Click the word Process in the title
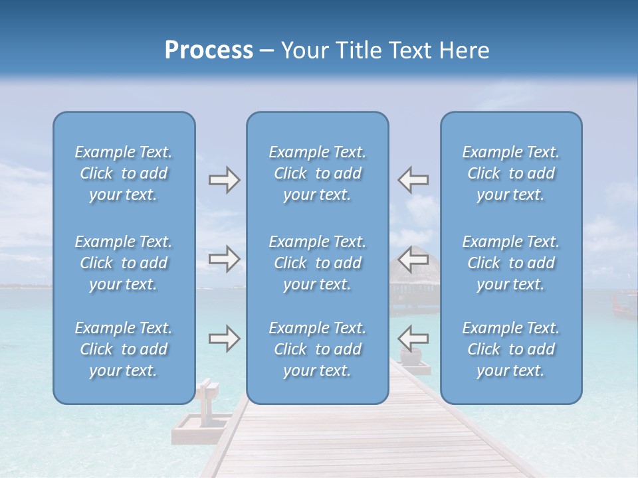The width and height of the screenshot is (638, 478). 209,50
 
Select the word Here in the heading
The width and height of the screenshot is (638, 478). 464,50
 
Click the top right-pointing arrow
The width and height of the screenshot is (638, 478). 224,180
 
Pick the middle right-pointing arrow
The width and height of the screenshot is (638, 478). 224,258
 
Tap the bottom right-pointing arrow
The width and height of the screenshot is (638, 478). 224,339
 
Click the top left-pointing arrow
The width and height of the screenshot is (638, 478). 413,180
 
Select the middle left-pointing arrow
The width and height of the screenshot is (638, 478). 413,258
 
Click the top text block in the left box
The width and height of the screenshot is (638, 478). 124,173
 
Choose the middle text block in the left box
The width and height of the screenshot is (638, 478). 124,263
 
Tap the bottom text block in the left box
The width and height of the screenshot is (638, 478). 124,349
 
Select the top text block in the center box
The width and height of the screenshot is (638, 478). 317,173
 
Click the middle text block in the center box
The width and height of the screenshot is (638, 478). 317,263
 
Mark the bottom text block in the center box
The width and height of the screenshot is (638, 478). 317,349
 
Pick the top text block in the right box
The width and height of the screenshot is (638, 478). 510,173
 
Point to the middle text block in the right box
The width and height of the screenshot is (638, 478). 510,263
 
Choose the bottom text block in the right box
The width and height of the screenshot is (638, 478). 510,349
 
